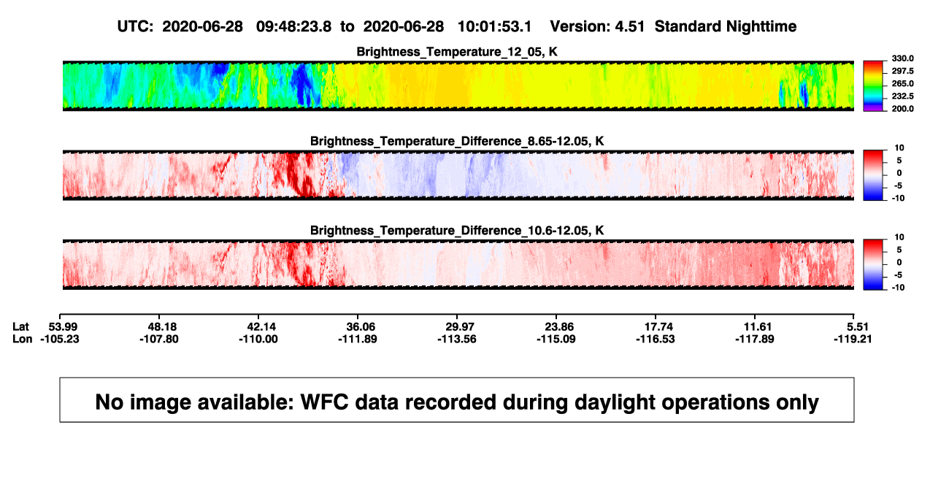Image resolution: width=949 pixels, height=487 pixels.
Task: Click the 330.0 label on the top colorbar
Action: [902, 58]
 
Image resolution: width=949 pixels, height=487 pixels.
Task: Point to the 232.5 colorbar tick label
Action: [902, 96]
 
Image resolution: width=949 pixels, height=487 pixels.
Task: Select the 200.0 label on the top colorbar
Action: [902, 109]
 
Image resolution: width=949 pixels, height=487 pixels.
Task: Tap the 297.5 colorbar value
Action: [902, 72]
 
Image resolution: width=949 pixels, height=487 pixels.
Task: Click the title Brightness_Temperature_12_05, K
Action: [457, 52]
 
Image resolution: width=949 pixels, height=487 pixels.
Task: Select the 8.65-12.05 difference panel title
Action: [457, 141]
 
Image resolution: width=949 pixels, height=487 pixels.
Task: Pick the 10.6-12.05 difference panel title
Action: [457, 231]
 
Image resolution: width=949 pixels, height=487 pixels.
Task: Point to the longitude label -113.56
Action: [457, 339]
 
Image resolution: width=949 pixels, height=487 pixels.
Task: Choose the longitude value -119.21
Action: [853, 339]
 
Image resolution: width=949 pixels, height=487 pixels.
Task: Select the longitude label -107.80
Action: [159, 339]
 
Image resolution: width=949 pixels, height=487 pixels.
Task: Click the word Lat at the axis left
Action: [20, 327]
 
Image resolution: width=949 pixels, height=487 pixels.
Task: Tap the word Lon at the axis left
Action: [22, 339]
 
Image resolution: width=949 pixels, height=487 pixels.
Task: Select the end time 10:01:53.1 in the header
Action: [494, 26]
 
